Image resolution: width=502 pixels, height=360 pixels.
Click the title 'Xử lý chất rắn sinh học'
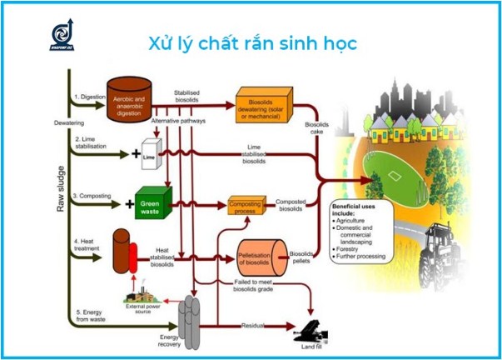[252, 42]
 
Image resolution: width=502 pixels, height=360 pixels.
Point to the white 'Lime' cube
[150, 155]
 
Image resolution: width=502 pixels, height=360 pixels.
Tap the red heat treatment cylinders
[127, 252]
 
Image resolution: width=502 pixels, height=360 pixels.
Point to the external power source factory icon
[142, 292]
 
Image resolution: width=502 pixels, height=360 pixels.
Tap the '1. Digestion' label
[92, 97]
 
